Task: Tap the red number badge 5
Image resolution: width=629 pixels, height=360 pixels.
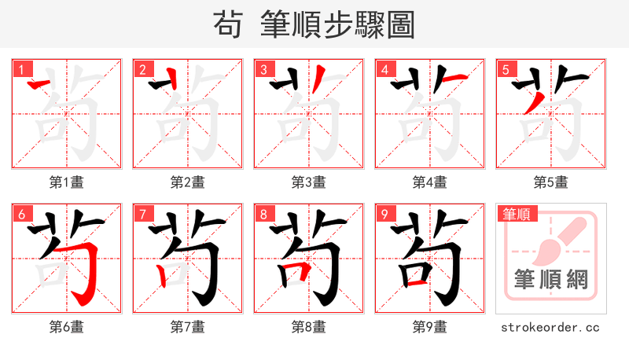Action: [x=505, y=70]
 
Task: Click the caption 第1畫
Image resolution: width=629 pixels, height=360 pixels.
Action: [x=66, y=182]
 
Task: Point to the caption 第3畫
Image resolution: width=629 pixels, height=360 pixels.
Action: [x=308, y=182]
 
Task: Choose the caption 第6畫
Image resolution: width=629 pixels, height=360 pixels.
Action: [x=66, y=327]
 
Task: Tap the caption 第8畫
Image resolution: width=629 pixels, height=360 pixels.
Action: [x=308, y=327]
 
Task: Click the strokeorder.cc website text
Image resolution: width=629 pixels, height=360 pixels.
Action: [x=550, y=327]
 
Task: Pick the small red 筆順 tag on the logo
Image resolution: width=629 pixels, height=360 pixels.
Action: [x=516, y=214]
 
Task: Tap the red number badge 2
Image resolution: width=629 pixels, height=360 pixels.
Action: [x=142, y=70]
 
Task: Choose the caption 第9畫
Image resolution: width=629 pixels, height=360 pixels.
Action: [x=429, y=327]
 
